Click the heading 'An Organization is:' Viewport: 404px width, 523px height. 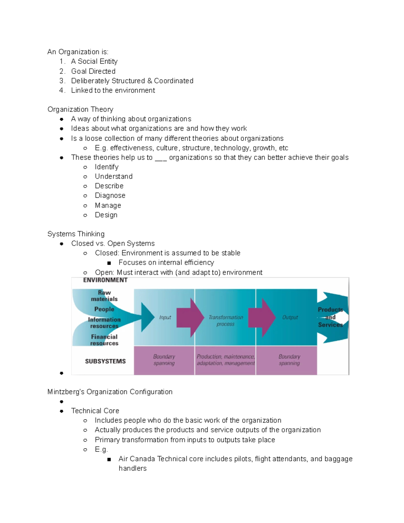click(78, 52)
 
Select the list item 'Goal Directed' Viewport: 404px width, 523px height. click(93, 71)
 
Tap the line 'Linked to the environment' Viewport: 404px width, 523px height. click(113, 91)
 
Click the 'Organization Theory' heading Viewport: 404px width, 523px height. click(80, 109)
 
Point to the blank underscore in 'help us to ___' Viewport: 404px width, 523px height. click(161, 158)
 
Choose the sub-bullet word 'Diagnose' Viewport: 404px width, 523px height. click(110, 196)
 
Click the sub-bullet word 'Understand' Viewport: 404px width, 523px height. click(113, 176)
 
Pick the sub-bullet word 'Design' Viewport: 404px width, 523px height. click(106, 215)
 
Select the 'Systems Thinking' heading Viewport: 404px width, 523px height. click(76, 234)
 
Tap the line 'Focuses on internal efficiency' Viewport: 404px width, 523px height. click(166, 263)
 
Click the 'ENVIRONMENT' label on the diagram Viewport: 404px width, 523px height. click(105, 280)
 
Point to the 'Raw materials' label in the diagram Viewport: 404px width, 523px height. click(104, 296)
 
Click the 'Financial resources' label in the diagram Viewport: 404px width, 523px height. click(104, 340)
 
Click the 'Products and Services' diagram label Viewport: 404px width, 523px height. click(330, 317)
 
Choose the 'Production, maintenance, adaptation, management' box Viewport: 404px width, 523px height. click(225, 360)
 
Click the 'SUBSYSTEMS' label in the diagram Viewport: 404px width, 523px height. click(105, 361)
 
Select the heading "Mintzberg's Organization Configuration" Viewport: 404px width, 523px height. click(110, 392)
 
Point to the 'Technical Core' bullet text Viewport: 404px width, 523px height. click(95, 411)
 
